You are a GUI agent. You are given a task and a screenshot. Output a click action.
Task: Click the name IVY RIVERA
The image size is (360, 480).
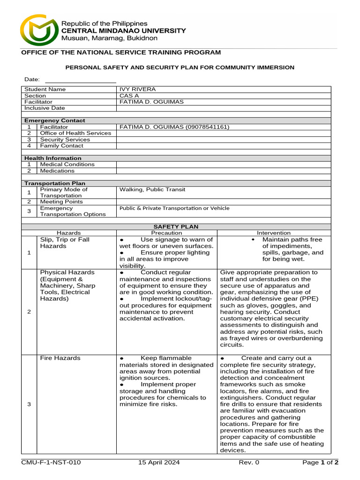(138, 89)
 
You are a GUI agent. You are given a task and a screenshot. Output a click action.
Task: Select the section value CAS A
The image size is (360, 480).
(129, 96)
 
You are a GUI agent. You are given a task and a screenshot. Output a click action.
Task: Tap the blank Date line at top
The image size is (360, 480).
(80, 80)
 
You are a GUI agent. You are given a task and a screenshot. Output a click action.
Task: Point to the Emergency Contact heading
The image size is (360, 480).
(55, 120)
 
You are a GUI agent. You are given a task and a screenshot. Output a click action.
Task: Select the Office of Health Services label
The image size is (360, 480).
(75, 133)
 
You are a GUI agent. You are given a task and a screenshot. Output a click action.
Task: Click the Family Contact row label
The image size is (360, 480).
(61, 146)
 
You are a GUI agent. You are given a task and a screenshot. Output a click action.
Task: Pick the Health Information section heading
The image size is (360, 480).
(53, 158)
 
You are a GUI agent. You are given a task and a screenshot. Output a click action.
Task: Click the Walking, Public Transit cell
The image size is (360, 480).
(152, 189)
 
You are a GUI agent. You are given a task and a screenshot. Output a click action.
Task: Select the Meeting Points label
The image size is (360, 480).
(61, 202)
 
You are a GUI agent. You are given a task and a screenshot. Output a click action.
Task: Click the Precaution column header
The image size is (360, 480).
(166, 232)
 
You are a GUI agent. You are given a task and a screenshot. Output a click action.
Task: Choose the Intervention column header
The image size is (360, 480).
(273, 232)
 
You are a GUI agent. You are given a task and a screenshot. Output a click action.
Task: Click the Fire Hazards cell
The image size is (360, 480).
(60, 358)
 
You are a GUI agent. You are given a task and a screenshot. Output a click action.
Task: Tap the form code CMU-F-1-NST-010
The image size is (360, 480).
(51, 463)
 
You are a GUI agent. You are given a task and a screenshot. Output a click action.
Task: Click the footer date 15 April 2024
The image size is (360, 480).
(159, 463)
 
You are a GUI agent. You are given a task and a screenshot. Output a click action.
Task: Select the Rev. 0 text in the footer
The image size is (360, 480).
(249, 463)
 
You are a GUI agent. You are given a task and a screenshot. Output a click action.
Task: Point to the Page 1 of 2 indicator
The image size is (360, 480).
(320, 463)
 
